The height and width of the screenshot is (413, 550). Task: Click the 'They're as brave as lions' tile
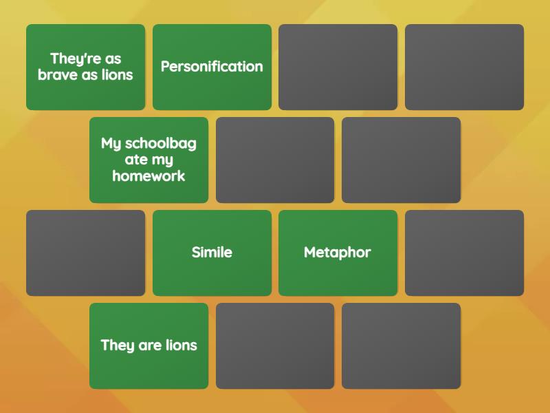[85, 67]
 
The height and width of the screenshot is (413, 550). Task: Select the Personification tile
[212, 67]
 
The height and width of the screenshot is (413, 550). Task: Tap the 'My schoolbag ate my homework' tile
[148, 160]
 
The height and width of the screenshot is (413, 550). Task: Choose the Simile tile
[212, 253]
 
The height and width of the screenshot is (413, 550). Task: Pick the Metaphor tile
[338, 253]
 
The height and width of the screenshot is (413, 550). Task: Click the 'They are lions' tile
[148, 346]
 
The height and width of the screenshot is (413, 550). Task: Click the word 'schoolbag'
[161, 144]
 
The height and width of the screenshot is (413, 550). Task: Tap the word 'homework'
[148, 176]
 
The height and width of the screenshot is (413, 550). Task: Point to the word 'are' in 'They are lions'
[150, 346]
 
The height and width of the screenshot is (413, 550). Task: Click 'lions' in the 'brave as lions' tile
[117, 75]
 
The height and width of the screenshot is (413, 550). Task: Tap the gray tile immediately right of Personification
[338, 67]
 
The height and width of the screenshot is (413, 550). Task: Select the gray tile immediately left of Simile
[85, 253]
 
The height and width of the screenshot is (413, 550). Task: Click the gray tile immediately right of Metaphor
[464, 253]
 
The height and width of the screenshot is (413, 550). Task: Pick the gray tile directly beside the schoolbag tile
[275, 160]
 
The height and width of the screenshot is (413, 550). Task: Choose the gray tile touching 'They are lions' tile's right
[275, 346]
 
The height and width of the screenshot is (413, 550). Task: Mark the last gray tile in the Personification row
[464, 67]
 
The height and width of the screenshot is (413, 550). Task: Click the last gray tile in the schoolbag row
[401, 160]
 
